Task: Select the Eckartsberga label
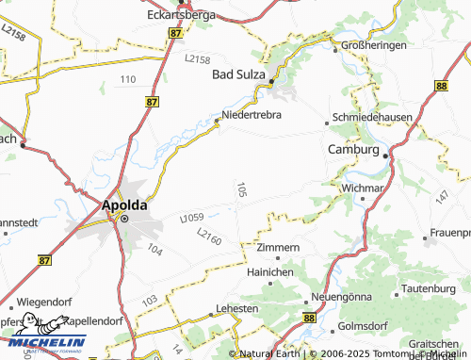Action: click(182, 15)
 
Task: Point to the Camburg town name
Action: click(352, 150)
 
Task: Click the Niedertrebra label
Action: click(252, 116)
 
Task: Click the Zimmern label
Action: click(278, 247)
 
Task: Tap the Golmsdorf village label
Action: click(361, 327)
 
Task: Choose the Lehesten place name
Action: click(237, 308)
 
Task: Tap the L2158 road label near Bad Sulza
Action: click(198, 58)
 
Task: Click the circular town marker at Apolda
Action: click(123, 218)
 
